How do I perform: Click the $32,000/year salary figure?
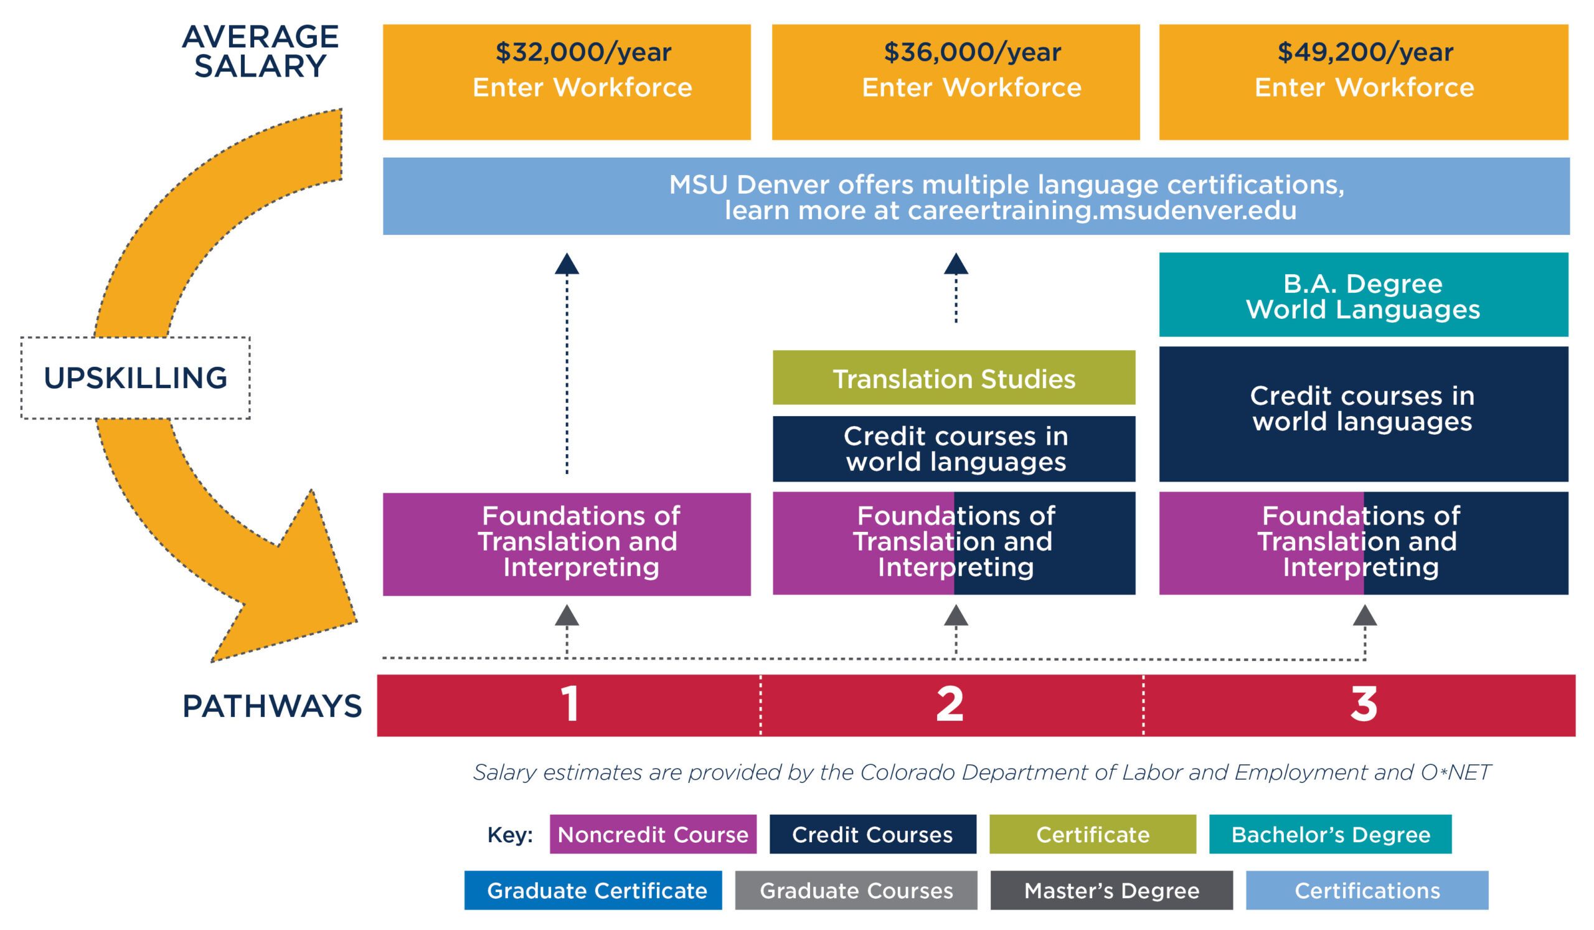pos(583,52)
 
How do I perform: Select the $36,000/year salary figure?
pos(972,52)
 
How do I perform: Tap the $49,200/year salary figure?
pos(1365,52)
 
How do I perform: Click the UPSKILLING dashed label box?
pos(135,377)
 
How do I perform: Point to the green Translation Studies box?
pos(954,378)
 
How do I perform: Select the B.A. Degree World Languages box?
pos(1363,295)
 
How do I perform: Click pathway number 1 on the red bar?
pos(569,704)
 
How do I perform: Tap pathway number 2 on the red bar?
pos(950,704)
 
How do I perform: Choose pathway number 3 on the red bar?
pos(1363,704)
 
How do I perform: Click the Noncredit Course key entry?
pos(653,835)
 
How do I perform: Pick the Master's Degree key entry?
pos(1111,890)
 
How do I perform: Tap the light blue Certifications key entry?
pos(1367,890)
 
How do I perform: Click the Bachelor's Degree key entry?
pos(1330,835)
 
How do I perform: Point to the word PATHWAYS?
pos(272,706)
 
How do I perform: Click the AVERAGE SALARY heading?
pos(260,51)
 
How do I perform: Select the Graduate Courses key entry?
pos(856,890)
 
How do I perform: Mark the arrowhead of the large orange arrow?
pos(297,589)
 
